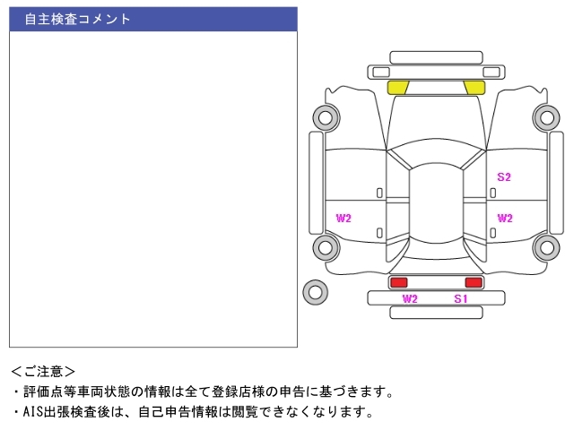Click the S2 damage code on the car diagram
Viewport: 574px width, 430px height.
click(504, 177)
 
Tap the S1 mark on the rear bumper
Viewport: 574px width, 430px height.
click(460, 298)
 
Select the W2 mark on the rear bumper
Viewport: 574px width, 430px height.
click(410, 298)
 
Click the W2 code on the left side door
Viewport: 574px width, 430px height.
click(344, 219)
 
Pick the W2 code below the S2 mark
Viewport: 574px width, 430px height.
click(505, 219)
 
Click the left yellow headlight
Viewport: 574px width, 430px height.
click(397, 88)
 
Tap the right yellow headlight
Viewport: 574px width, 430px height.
click(474, 88)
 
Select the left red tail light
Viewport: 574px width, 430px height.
click(398, 282)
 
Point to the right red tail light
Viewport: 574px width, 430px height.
click(474, 282)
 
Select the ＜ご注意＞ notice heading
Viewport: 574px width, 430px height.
click(43, 372)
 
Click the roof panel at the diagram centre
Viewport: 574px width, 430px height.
click(436, 203)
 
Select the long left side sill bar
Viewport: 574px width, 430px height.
click(317, 183)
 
